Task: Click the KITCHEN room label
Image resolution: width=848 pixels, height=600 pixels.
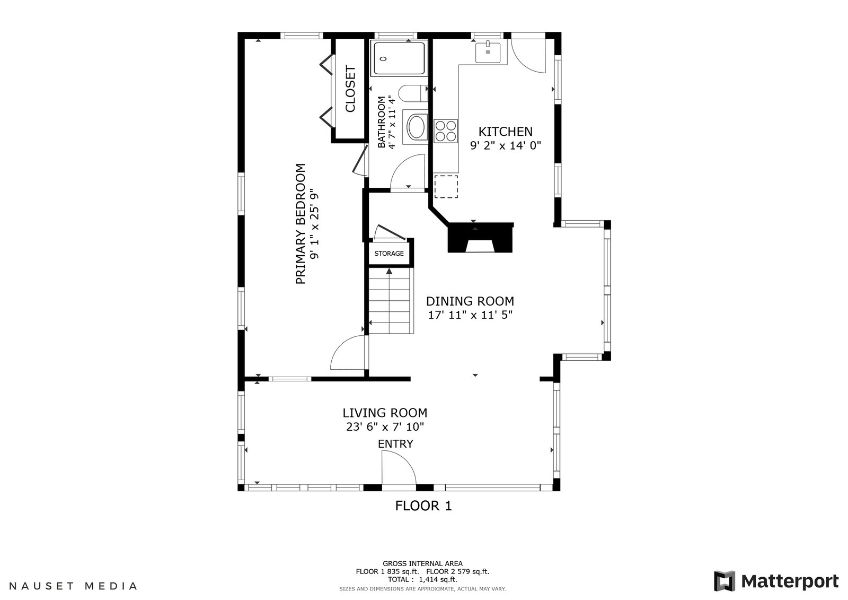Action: (506, 132)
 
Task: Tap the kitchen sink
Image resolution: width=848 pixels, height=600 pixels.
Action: (488, 53)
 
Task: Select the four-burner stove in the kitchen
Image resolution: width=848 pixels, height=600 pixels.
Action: (446, 131)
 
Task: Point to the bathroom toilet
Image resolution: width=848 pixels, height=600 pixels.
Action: (413, 93)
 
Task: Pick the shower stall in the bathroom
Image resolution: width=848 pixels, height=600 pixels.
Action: (400, 58)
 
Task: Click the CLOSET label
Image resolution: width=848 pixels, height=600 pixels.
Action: (350, 89)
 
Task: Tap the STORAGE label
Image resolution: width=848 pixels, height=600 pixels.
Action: (389, 254)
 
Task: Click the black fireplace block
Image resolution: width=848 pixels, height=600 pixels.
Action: (480, 237)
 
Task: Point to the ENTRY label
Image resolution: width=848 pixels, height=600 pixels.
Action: (395, 444)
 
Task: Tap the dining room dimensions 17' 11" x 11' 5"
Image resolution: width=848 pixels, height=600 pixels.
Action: (470, 315)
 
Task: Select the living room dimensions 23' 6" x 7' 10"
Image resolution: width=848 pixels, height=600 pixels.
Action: (385, 427)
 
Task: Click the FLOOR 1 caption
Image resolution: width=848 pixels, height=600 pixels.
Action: (423, 506)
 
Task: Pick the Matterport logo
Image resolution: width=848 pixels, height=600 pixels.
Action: (776, 581)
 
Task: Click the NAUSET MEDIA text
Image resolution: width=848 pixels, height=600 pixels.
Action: (73, 586)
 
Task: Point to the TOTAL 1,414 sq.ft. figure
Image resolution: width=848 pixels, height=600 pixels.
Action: (422, 579)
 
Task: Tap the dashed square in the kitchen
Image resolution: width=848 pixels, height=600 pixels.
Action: (446, 187)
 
